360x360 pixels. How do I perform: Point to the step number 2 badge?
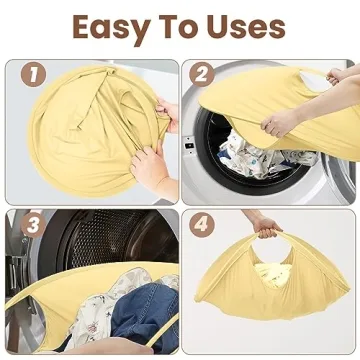tap(203, 75)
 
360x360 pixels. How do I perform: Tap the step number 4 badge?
tap(203, 223)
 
